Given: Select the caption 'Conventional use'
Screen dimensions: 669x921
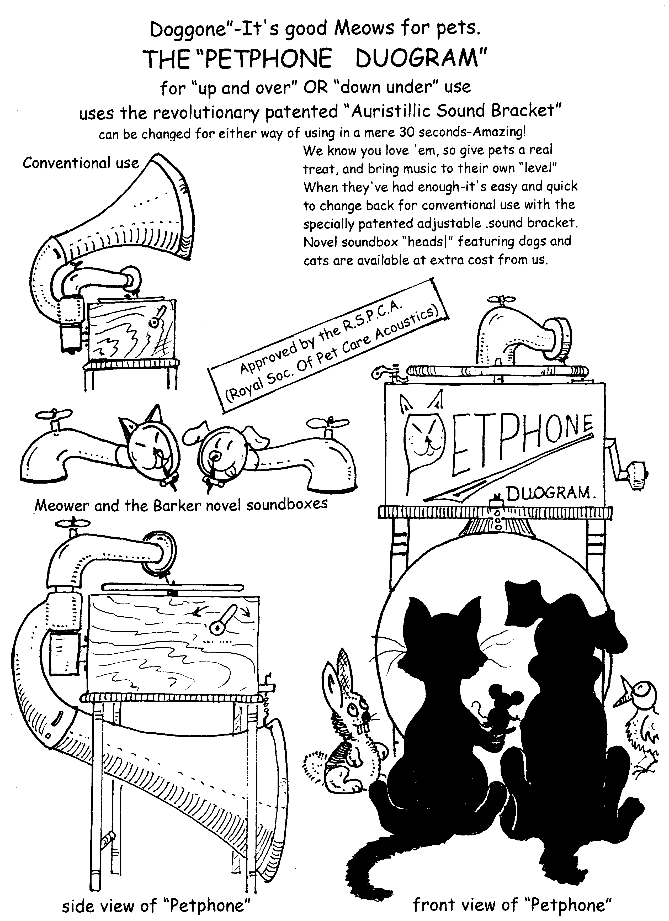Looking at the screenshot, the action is coord(81,163).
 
